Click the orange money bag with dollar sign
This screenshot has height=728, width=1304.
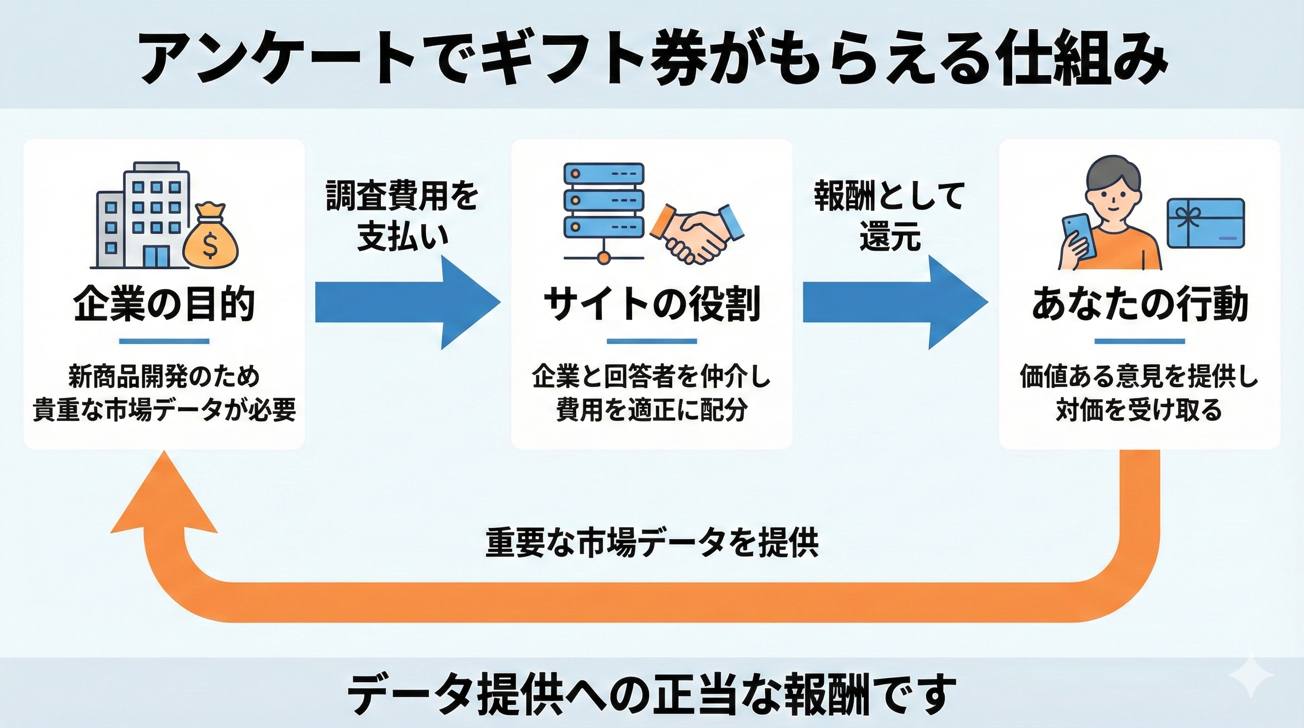coord(210,238)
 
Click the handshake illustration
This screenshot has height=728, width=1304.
coord(697,233)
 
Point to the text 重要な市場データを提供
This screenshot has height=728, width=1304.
coord(652,543)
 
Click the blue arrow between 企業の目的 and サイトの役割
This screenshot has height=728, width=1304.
coord(405,303)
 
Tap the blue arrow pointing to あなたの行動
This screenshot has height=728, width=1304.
coord(894,303)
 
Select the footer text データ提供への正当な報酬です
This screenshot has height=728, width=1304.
coord(652,693)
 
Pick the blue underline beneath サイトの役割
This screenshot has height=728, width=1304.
coord(652,341)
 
